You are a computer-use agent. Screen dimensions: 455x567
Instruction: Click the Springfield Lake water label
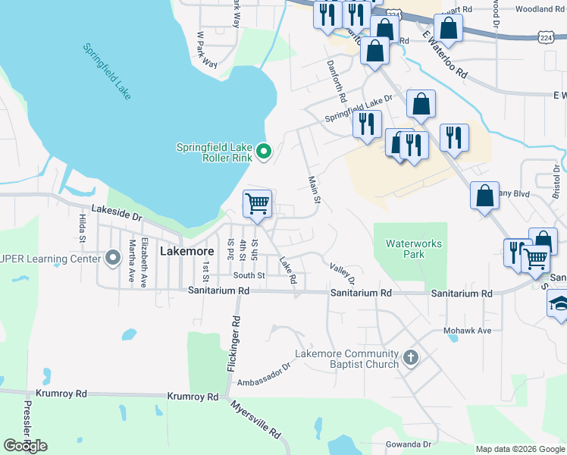pyautogui.click(x=107, y=71)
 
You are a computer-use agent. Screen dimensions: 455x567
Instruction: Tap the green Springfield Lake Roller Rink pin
pyautogui.click(x=264, y=152)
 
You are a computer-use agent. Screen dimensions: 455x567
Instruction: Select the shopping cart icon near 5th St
pyautogui.click(x=258, y=203)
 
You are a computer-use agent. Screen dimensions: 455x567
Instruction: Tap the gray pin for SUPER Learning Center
pyautogui.click(x=113, y=259)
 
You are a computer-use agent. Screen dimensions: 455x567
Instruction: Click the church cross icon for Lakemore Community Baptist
pyautogui.click(x=411, y=357)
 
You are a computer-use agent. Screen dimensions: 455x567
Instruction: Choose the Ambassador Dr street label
pyautogui.click(x=265, y=374)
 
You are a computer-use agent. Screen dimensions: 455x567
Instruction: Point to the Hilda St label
pyautogui.click(x=82, y=227)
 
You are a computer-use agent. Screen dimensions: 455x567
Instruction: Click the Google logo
pyautogui.click(x=26, y=446)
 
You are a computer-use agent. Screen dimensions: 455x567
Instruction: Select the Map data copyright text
pyautogui.click(x=519, y=449)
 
